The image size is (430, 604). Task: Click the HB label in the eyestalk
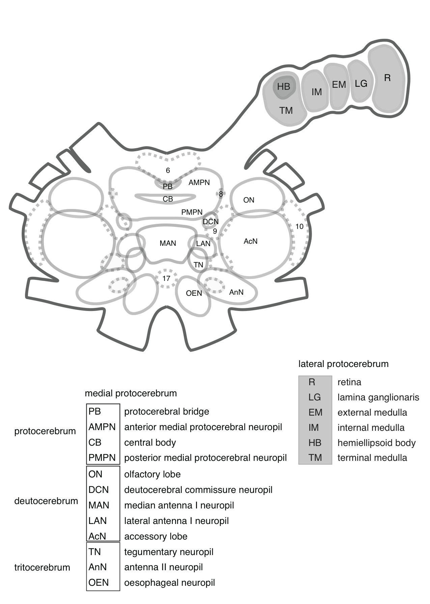point(284,87)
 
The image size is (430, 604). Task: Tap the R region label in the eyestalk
point(387,78)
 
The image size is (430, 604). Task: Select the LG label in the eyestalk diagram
point(361,83)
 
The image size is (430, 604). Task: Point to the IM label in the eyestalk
point(316,92)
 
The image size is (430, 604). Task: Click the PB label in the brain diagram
point(168,186)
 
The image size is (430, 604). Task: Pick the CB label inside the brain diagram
point(168,199)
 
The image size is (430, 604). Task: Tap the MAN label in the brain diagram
point(168,243)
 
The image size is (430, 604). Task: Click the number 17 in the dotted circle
point(166,279)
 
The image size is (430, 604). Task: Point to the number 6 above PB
point(168,170)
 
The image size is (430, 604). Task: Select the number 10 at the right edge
point(299,227)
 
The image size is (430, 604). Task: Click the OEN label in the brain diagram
point(194,293)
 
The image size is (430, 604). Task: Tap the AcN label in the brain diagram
point(251,241)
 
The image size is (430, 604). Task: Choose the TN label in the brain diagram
point(199,265)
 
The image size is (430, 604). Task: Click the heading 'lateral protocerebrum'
point(343,364)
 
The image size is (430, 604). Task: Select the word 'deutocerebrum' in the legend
point(46,501)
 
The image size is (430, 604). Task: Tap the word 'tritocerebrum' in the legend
point(42,567)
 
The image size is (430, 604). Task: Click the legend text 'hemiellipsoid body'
point(376,443)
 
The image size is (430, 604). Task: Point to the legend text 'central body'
point(150,443)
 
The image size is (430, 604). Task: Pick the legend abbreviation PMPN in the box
point(102,458)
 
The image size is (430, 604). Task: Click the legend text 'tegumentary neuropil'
point(169,552)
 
